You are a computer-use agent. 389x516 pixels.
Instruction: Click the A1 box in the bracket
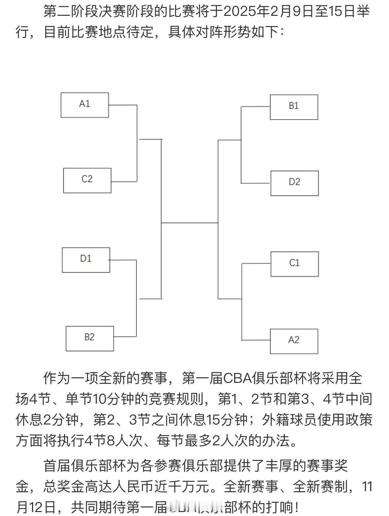[85, 105]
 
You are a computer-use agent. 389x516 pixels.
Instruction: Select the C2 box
[87, 180]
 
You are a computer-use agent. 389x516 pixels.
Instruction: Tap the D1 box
[86, 260]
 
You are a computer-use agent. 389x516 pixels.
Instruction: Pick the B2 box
[89, 338]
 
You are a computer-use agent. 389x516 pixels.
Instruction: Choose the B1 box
[294, 107]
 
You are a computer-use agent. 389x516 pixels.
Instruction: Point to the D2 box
[295, 183]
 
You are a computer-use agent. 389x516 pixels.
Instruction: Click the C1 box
[295, 264]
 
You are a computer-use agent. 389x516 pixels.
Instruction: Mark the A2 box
[294, 341]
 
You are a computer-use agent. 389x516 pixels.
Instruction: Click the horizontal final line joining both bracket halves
[190, 223]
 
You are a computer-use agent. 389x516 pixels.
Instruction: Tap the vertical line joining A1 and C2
[137, 143]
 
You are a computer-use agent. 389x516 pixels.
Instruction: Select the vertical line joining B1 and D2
[241, 145]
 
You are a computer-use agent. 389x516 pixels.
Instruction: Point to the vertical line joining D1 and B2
[136, 298]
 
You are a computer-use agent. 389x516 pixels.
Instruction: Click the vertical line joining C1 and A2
[242, 302]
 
